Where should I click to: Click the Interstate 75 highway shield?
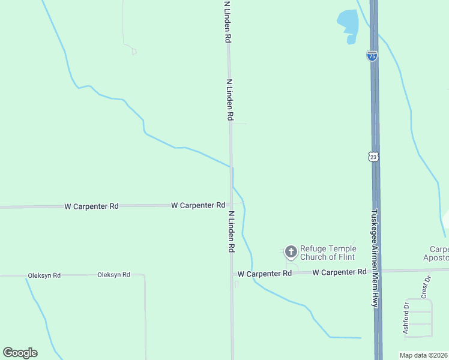pos(372,56)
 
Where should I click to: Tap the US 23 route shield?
pos(373,156)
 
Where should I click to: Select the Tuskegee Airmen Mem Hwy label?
pos(375,258)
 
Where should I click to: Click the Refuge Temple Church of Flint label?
pos(328,253)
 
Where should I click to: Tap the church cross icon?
pos(291,252)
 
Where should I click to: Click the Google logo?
pos(20,353)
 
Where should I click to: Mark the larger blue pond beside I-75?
pos(348,22)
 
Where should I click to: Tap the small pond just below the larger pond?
pos(351,40)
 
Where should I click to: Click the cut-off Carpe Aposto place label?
pos(439,253)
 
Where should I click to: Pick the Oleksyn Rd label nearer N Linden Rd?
pos(113,275)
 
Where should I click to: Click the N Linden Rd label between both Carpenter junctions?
pos(231,231)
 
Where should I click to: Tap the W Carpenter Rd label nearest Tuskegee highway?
pos(339,272)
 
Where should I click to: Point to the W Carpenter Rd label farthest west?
pos(91,206)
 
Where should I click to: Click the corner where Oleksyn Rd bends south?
pos(145,275)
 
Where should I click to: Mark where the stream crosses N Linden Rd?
pos(231,167)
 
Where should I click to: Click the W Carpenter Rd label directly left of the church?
pos(264,273)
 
